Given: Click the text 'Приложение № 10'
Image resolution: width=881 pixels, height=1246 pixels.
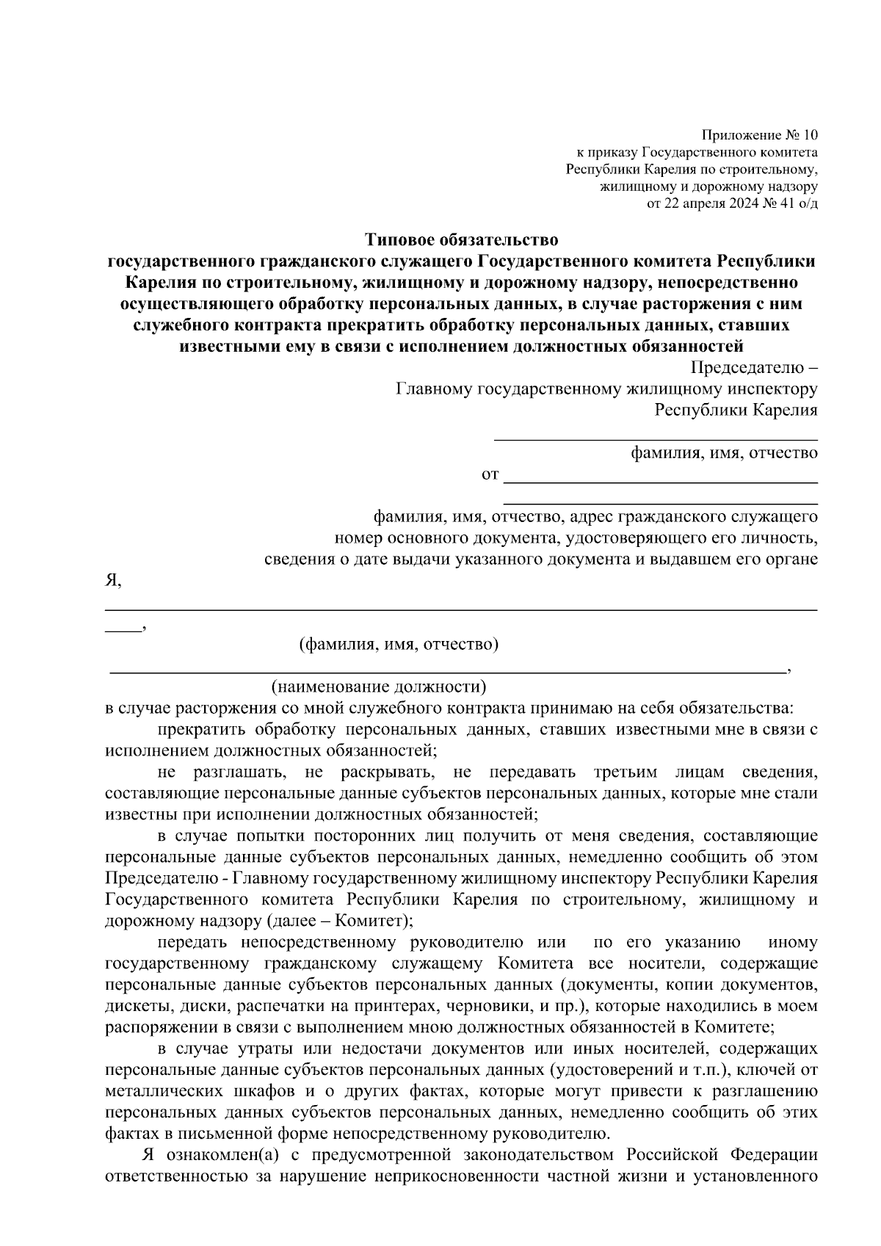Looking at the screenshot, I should click(759, 135).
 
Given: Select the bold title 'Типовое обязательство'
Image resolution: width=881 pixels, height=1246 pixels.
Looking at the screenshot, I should click(462, 240).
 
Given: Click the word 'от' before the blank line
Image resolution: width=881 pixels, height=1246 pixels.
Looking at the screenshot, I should click(490, 475).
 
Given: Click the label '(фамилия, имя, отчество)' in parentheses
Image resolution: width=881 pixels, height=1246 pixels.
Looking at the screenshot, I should click(399, 645).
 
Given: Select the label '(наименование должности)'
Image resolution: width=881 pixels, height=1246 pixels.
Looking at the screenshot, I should click(379, 687).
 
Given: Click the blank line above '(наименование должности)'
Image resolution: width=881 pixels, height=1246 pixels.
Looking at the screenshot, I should click(446, 671).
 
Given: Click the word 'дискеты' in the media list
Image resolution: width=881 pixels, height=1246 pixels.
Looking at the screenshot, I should click(133, 1005).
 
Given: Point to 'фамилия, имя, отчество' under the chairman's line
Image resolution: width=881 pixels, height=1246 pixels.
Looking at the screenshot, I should click(725, 453).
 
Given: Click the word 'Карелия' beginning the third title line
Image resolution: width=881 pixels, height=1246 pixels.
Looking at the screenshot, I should click(156, 283).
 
